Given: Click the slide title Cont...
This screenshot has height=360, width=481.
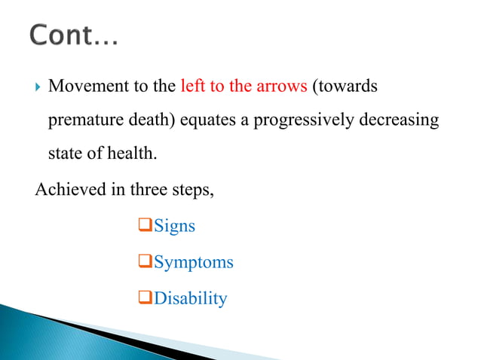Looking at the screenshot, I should tap(74, 35).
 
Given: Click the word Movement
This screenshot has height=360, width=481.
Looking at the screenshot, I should tap(84, 87).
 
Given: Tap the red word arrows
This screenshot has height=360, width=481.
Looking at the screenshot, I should tap(281, 87).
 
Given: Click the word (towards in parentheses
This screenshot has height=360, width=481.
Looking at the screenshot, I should tap(344, 87).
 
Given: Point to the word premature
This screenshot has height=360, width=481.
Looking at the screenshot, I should tap(84, 121).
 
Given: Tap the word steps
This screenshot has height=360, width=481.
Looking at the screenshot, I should tap(193, 189).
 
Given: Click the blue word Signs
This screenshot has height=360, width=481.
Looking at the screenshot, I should tap(174, 226).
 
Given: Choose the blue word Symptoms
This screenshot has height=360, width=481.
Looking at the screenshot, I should tap(193, 262).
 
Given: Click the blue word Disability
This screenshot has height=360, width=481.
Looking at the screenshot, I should tap(190, 298).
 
